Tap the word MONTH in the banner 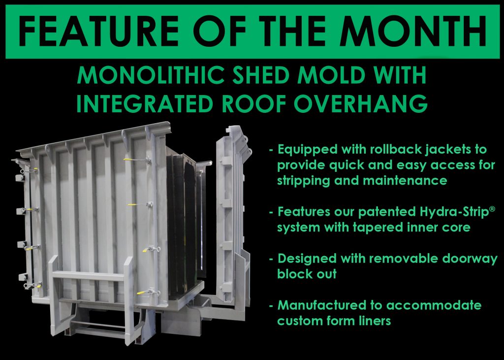(413, 31)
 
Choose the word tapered (377, 228)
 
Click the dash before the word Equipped (271, 150)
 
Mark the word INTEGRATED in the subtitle (145, 103)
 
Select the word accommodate (434, 305)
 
